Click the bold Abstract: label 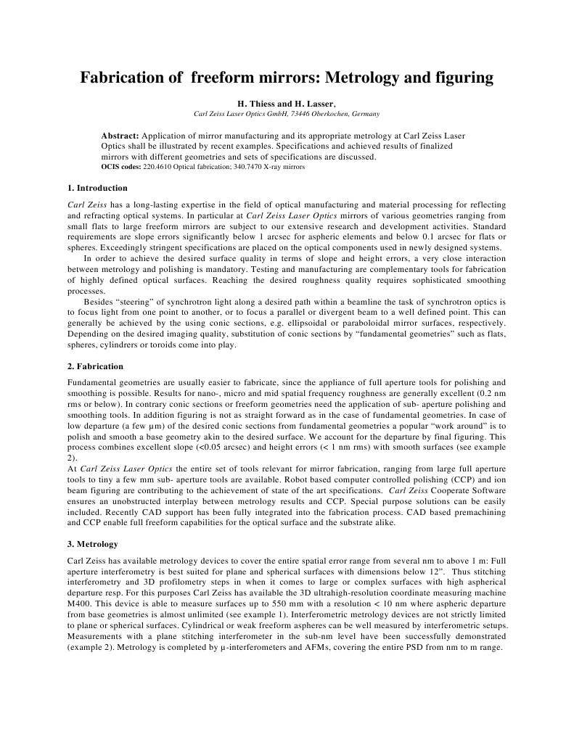tap(120, 136)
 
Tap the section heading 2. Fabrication tap(95, 366)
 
